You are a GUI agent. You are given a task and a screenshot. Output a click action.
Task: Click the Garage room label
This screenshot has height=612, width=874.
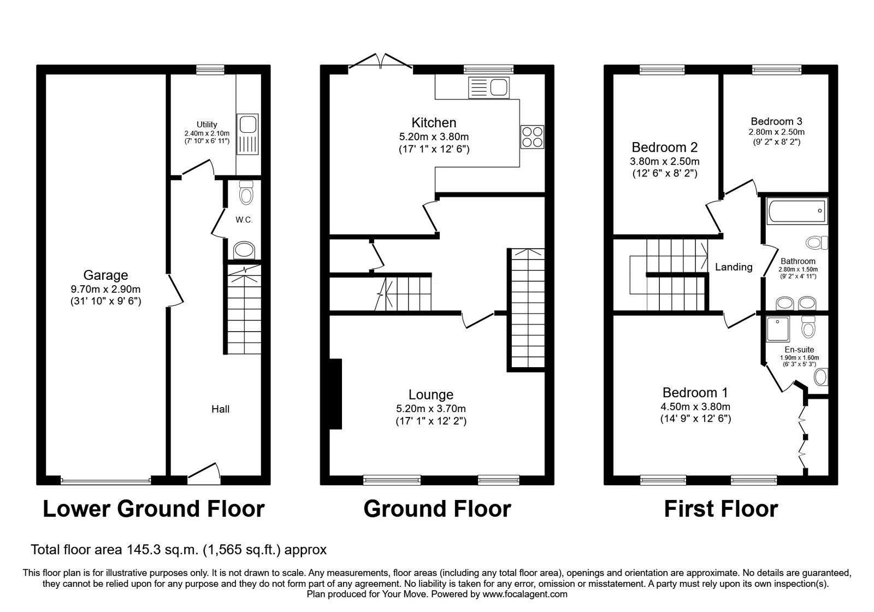[106, 275]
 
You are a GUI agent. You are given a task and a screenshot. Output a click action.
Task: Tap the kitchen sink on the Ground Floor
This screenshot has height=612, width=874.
[489, 87]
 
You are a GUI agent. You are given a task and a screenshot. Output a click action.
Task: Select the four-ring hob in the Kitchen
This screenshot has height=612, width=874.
[532, 137]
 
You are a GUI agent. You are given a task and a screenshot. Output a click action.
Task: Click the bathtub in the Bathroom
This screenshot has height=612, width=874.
[797, 211]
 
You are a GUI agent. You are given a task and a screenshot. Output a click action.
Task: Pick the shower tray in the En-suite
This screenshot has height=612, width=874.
[778, 328]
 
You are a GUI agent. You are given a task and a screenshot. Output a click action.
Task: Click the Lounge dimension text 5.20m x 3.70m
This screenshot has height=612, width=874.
[431, 409]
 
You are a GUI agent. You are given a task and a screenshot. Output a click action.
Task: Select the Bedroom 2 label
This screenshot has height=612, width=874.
[664, 147]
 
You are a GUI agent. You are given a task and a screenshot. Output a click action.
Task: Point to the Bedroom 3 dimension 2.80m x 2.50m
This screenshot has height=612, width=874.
[776, 132]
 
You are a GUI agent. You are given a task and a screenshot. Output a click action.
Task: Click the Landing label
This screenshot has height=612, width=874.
[734, 267]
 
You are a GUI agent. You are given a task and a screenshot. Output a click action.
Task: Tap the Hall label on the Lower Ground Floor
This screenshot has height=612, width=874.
[221, 409]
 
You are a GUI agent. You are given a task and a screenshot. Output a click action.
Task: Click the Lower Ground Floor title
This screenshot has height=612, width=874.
[153, 509]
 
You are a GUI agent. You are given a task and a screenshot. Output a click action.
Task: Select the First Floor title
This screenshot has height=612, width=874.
[721, 509]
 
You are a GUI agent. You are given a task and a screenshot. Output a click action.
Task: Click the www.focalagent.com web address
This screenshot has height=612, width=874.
[525, 594]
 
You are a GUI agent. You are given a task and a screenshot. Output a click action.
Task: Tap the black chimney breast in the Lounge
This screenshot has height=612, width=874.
[335, 394]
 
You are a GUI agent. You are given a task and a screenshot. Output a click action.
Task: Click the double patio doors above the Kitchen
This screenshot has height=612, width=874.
[380, 63]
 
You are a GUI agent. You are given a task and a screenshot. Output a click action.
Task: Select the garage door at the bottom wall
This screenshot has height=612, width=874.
[106, 481]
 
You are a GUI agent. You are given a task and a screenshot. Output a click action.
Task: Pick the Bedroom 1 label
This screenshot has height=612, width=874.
[695, 392]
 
